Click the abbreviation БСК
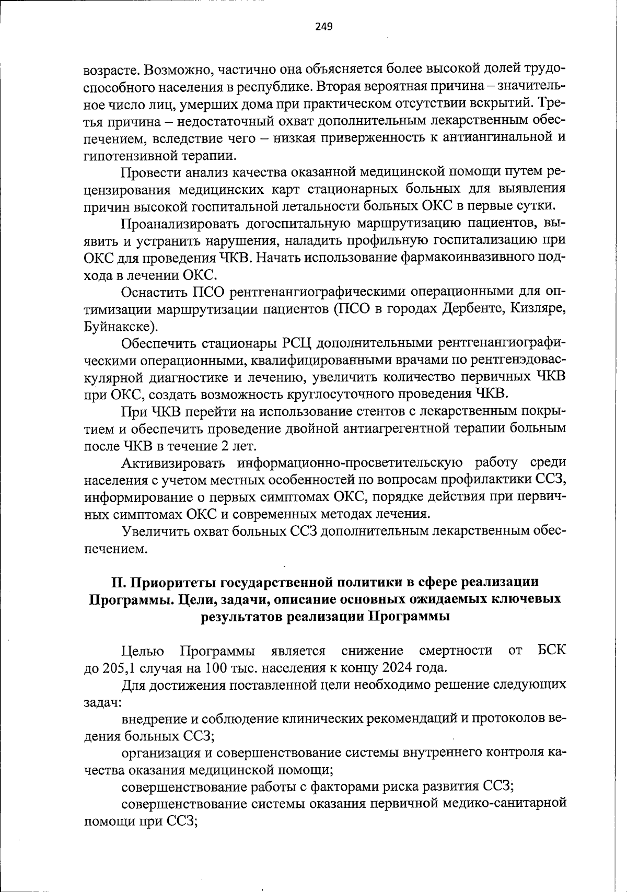[551, 651]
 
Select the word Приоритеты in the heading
[171, 582]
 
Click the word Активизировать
[172, 462]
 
